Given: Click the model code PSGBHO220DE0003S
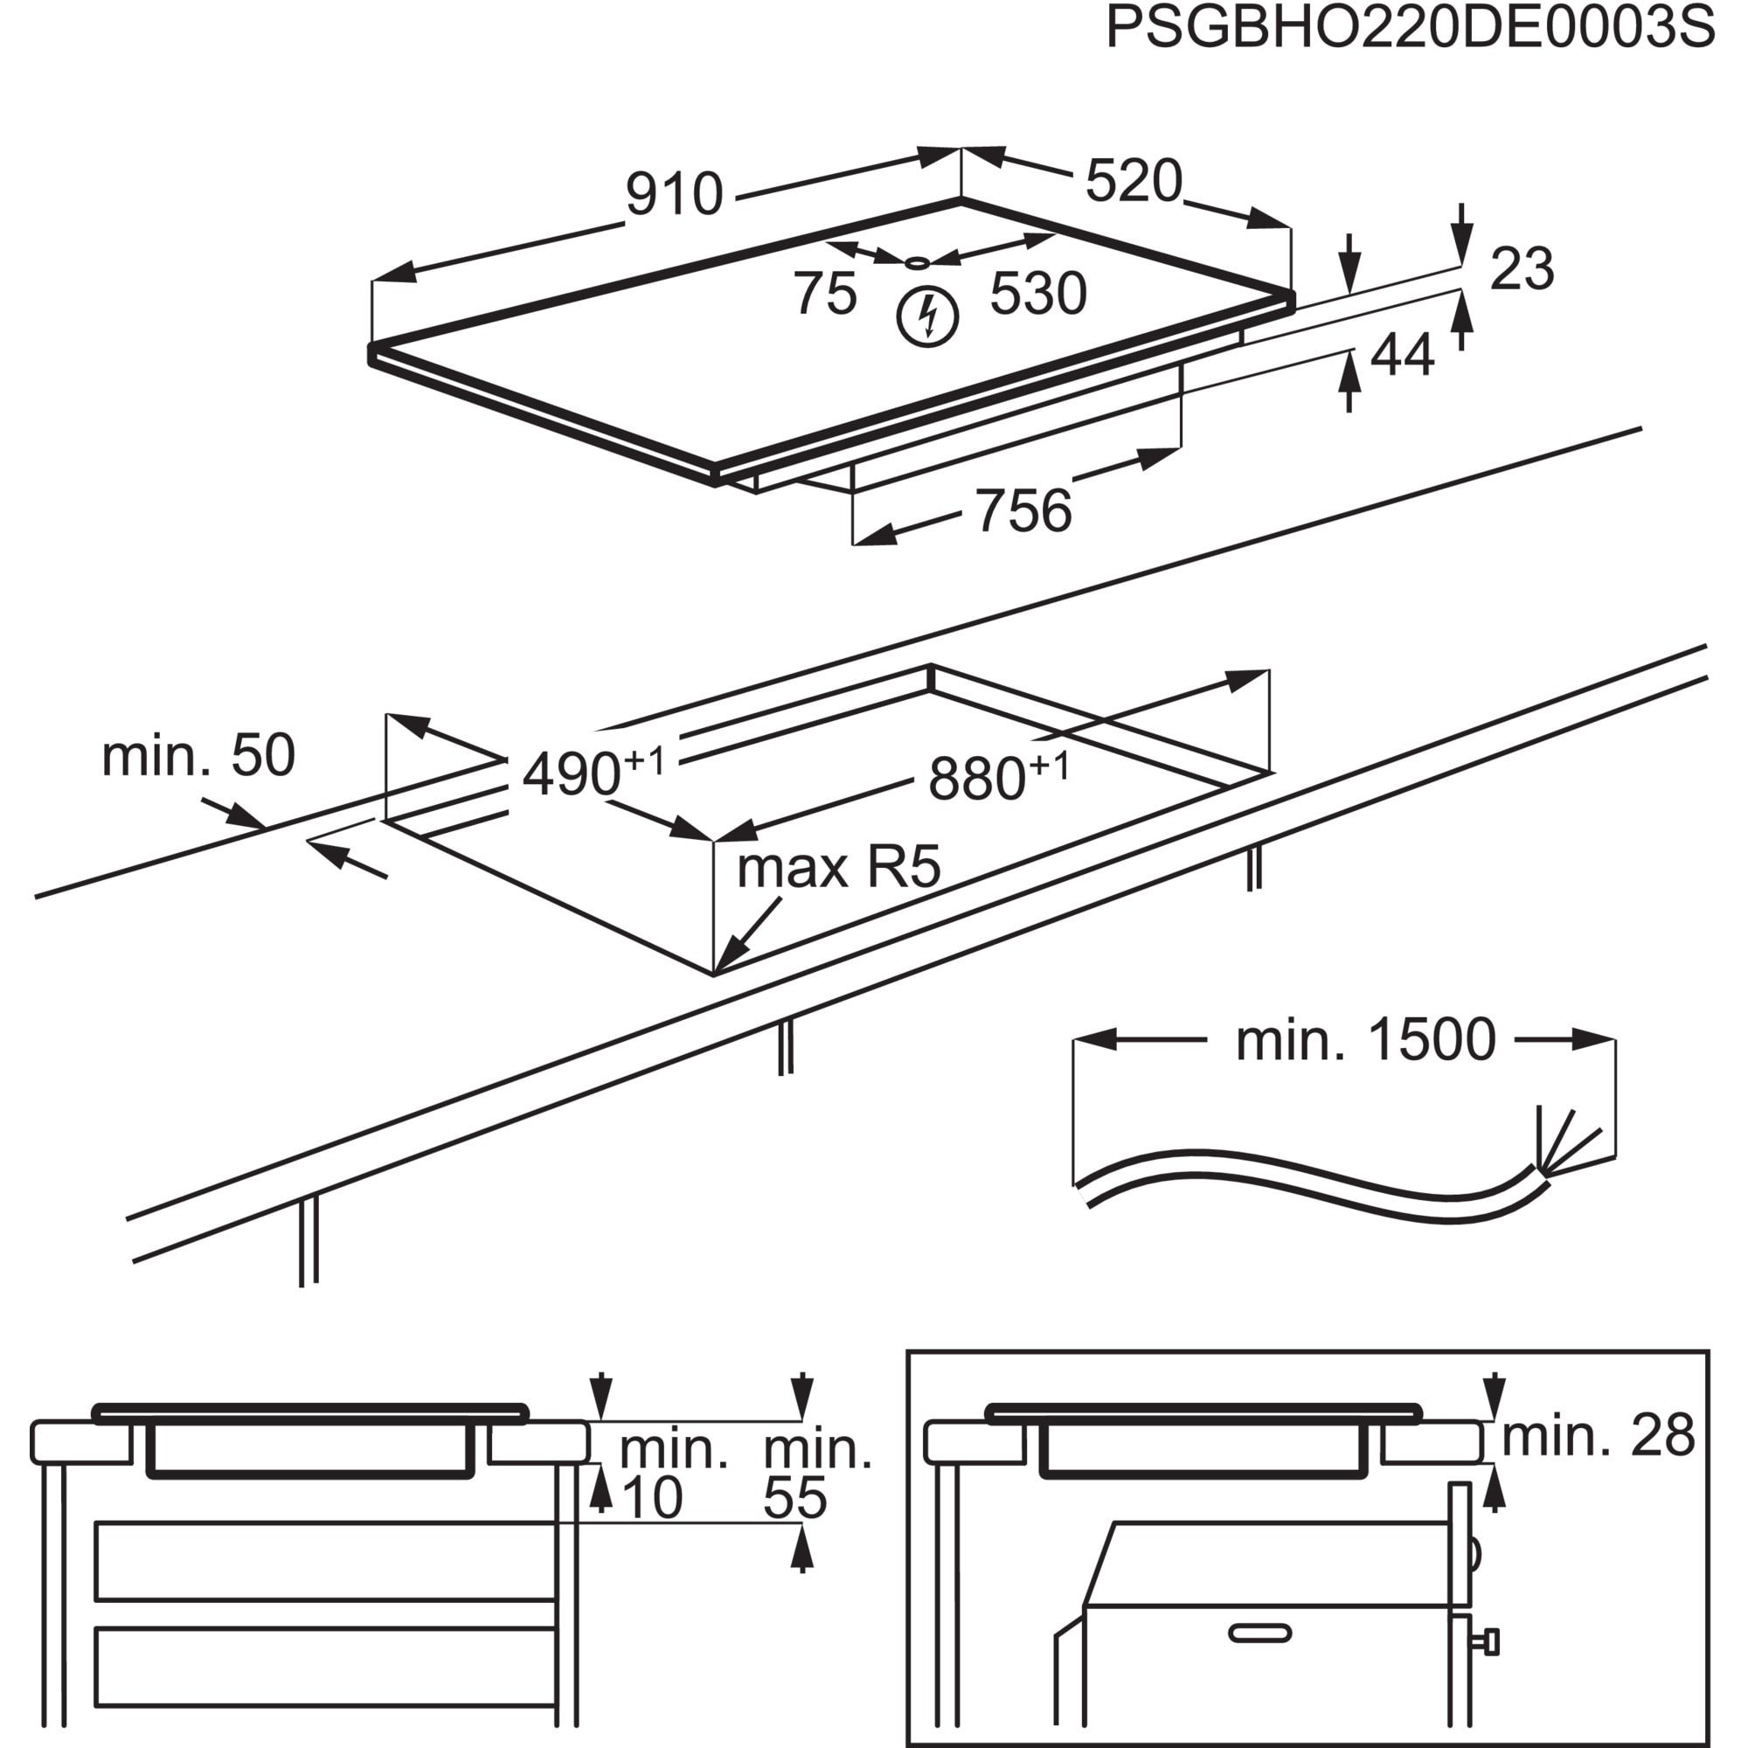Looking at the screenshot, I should (x=1410, y=29).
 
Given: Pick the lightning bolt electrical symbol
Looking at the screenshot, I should (x=926, y=317).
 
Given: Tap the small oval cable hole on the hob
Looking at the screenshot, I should (x=918, y=263).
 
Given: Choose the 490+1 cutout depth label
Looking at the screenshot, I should (x=593, y=771).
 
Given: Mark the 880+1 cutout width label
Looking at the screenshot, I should (x=997, y=775).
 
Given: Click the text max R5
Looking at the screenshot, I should (x=839, y=867).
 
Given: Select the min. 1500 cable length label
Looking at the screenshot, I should (x=1365, y=1039).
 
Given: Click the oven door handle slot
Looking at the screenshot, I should (x=1259, y=1631).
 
